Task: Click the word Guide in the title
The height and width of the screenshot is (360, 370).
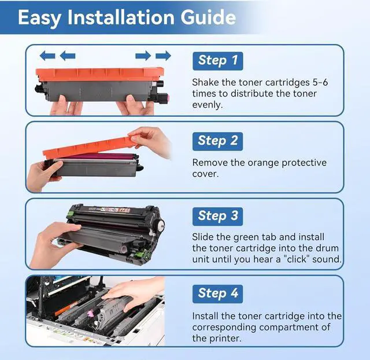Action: (x=208, y=17)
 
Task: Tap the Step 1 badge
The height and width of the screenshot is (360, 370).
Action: (x=217, y=61)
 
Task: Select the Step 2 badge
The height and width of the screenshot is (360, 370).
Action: (x=217, y=141)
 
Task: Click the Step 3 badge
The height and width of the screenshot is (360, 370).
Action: (x=217, y=216)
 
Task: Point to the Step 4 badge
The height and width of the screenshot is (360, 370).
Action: (x=217, y=294)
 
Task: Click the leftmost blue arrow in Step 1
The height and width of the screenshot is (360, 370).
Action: (x=47, y=56)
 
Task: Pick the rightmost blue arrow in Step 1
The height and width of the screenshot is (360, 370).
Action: (x=163, y=56)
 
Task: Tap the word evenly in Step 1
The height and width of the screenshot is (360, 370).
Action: (x=208, y=105)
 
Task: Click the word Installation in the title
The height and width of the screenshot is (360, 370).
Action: (x=121, y=17)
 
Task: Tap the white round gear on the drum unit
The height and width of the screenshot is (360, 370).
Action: (x=161, y=225)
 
